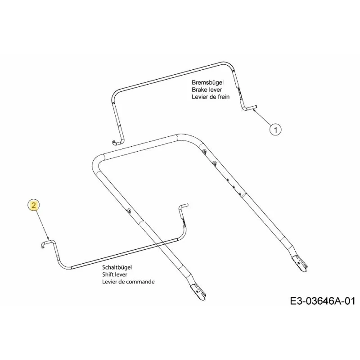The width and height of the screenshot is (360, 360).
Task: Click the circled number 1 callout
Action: click(x=275, y=130)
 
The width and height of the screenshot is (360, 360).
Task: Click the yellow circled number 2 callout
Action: click(x=33, y=205)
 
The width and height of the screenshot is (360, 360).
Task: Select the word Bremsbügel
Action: click(x=207, y=82)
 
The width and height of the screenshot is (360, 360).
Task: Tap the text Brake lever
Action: click(x=207, y=90)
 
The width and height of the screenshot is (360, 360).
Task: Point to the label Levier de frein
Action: click(x=211, y=97)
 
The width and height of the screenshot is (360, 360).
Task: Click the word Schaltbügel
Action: click(x=117, y=267)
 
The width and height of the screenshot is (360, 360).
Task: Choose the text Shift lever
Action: click(x=115, y=274)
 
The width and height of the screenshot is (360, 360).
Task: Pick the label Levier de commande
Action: click(x=128, y=282)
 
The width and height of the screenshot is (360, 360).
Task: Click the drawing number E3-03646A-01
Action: click(x=323, y=301)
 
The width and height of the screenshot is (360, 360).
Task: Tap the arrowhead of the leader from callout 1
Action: click(x=253, y=110)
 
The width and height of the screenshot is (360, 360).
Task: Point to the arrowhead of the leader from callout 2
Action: click(x=48, y=238)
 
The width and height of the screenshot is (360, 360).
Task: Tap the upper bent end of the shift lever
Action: click(x=184, y=205)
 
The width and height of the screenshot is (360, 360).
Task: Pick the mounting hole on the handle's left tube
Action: click(x=129, y=211)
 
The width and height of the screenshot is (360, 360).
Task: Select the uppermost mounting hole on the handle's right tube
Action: click(x=204, y=151)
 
